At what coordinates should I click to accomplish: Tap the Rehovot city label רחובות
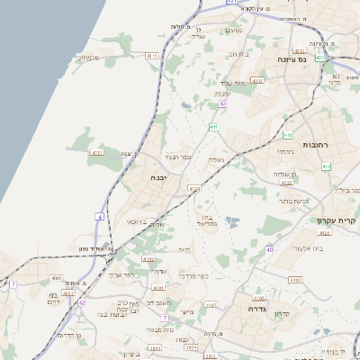[x=316, y=144]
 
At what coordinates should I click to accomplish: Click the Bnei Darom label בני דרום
[x=57, y=299]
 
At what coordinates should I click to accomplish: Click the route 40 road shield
[x=269, y=250]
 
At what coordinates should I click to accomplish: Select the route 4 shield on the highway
[x=98, y=217]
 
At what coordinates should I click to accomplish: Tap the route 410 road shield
[x=287, y=135]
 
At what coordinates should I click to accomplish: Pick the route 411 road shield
[x=213, y=128]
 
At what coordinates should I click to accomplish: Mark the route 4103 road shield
[x=295, y=280]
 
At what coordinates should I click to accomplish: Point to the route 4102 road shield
[x=148, y=258]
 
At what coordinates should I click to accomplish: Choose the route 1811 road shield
[x=155, y=347]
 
